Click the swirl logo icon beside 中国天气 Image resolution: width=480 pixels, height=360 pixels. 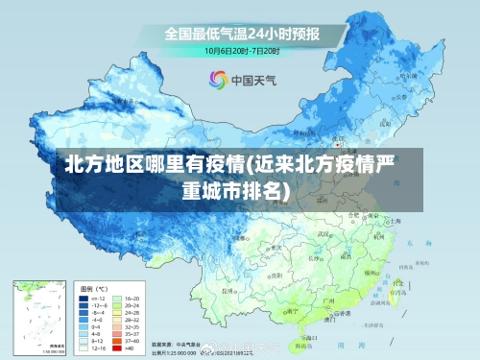(217, 80)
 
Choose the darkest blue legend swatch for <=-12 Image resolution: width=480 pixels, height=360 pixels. (85, 300)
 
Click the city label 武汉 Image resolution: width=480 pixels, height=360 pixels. (326, 233)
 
